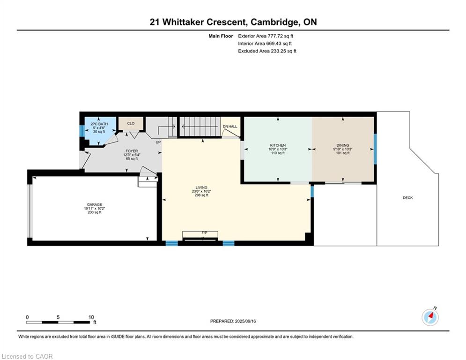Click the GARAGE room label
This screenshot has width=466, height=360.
pos(95,204)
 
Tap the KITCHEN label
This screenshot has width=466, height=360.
pos(278,145)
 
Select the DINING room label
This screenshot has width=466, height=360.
pos(343,145)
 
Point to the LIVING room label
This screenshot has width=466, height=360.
pos(201,187)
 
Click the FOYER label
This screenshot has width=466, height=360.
pos(132,151)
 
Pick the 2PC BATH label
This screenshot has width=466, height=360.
pos(99,124)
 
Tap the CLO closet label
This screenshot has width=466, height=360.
pos(131,123)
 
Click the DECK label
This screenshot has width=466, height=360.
pos(408,197)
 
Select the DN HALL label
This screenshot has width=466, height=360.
pos(230,127)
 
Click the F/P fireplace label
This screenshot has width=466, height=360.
pos(205,232)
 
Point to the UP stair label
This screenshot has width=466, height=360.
pos(158,142)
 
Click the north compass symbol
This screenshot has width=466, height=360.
pos(430,317)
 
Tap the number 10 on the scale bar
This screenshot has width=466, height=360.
pos(91,317)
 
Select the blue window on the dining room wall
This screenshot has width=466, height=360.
pos(375,149)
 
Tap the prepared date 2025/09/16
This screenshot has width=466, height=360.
pos(245,321)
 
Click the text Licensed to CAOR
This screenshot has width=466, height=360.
pos(27,356)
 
